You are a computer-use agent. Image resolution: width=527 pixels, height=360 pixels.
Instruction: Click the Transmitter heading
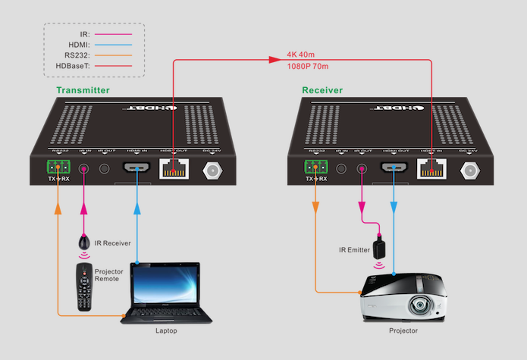coord(83,90)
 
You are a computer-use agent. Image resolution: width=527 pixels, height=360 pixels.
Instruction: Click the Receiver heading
coord(322,90)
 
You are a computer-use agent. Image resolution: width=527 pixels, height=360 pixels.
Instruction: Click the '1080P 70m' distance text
coord(308,67)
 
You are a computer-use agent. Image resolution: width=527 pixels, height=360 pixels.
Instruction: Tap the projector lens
coord(420,305)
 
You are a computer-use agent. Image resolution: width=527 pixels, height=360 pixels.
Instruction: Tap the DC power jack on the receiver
coord(472,171)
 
